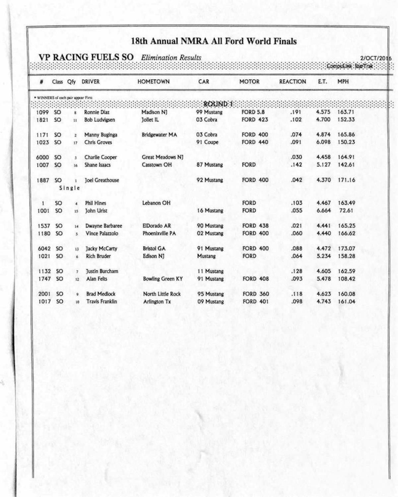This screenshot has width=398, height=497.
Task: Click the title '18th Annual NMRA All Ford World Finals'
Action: pos(214,41)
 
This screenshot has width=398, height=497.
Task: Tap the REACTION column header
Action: pos(292,82)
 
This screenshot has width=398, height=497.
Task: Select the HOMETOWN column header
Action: pos(153,82)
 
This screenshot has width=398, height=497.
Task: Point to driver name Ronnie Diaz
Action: pos(97,112)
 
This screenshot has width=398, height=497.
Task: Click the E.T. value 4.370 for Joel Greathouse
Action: pos(323,180)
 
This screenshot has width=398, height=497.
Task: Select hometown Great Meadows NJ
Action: pos(162,157)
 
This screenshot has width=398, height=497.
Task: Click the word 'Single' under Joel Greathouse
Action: pos(69,188)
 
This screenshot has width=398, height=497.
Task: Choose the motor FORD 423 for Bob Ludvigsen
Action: pos(254,120)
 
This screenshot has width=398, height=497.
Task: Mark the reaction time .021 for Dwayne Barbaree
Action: pos(296,226)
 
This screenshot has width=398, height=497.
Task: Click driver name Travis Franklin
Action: pos(101,302)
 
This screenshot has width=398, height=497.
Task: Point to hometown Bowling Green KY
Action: pos(163,279)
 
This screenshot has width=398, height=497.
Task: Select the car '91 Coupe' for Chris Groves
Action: pos(207,142)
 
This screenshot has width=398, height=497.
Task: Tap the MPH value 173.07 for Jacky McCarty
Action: pos(346,249)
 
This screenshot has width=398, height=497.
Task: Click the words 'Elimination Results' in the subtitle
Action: pos(171,58)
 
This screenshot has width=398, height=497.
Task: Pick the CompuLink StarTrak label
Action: pos(350,66)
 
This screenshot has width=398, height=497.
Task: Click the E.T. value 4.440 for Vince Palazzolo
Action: pos(323,233)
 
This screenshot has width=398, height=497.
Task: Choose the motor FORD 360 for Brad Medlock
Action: pos(255,294)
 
